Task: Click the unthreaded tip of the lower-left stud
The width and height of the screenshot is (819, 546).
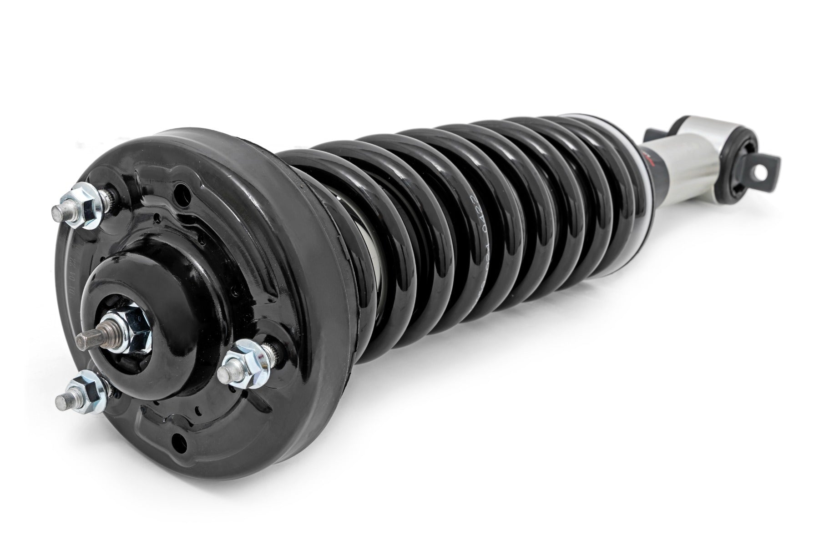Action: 62,402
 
